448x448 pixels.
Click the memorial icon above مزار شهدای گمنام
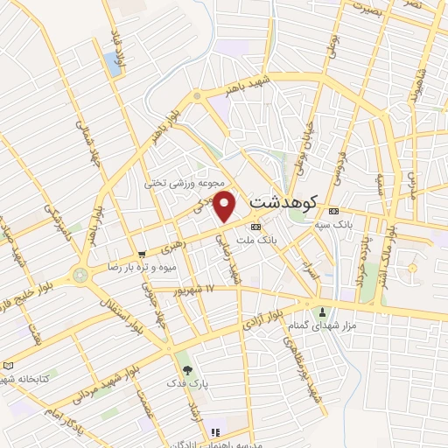click(323, 312)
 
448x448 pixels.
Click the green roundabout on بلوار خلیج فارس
click(81, 276)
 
